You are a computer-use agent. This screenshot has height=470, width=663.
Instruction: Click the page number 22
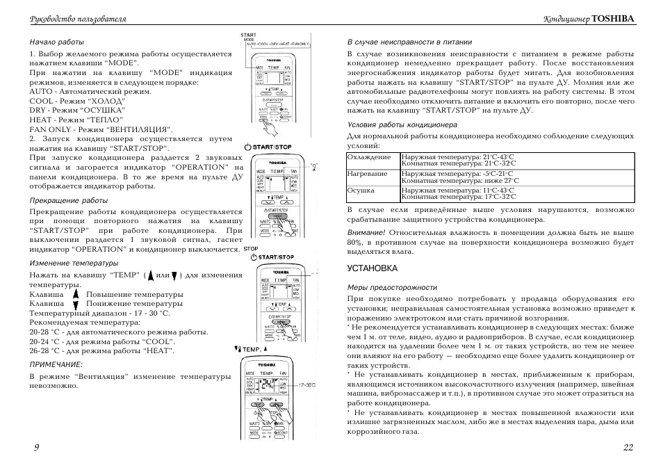[628, 447]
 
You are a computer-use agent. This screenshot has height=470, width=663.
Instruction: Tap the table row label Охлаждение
[369, 157]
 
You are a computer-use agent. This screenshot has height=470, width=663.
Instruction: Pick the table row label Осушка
[361, 190]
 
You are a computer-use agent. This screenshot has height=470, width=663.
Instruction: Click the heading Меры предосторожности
[392, 287]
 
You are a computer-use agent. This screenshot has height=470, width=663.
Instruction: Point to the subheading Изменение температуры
[74, 263]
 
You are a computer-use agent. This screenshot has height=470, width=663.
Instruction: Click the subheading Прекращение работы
[68, 200]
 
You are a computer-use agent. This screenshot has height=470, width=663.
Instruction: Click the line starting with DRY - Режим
[77, 110]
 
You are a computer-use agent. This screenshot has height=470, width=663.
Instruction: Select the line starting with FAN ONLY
[101, 129]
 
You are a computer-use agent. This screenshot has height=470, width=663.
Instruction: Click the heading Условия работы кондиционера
[402, 125]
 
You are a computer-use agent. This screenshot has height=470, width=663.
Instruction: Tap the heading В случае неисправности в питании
[411, 41]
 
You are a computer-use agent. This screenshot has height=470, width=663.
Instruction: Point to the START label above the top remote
[248, 35]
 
